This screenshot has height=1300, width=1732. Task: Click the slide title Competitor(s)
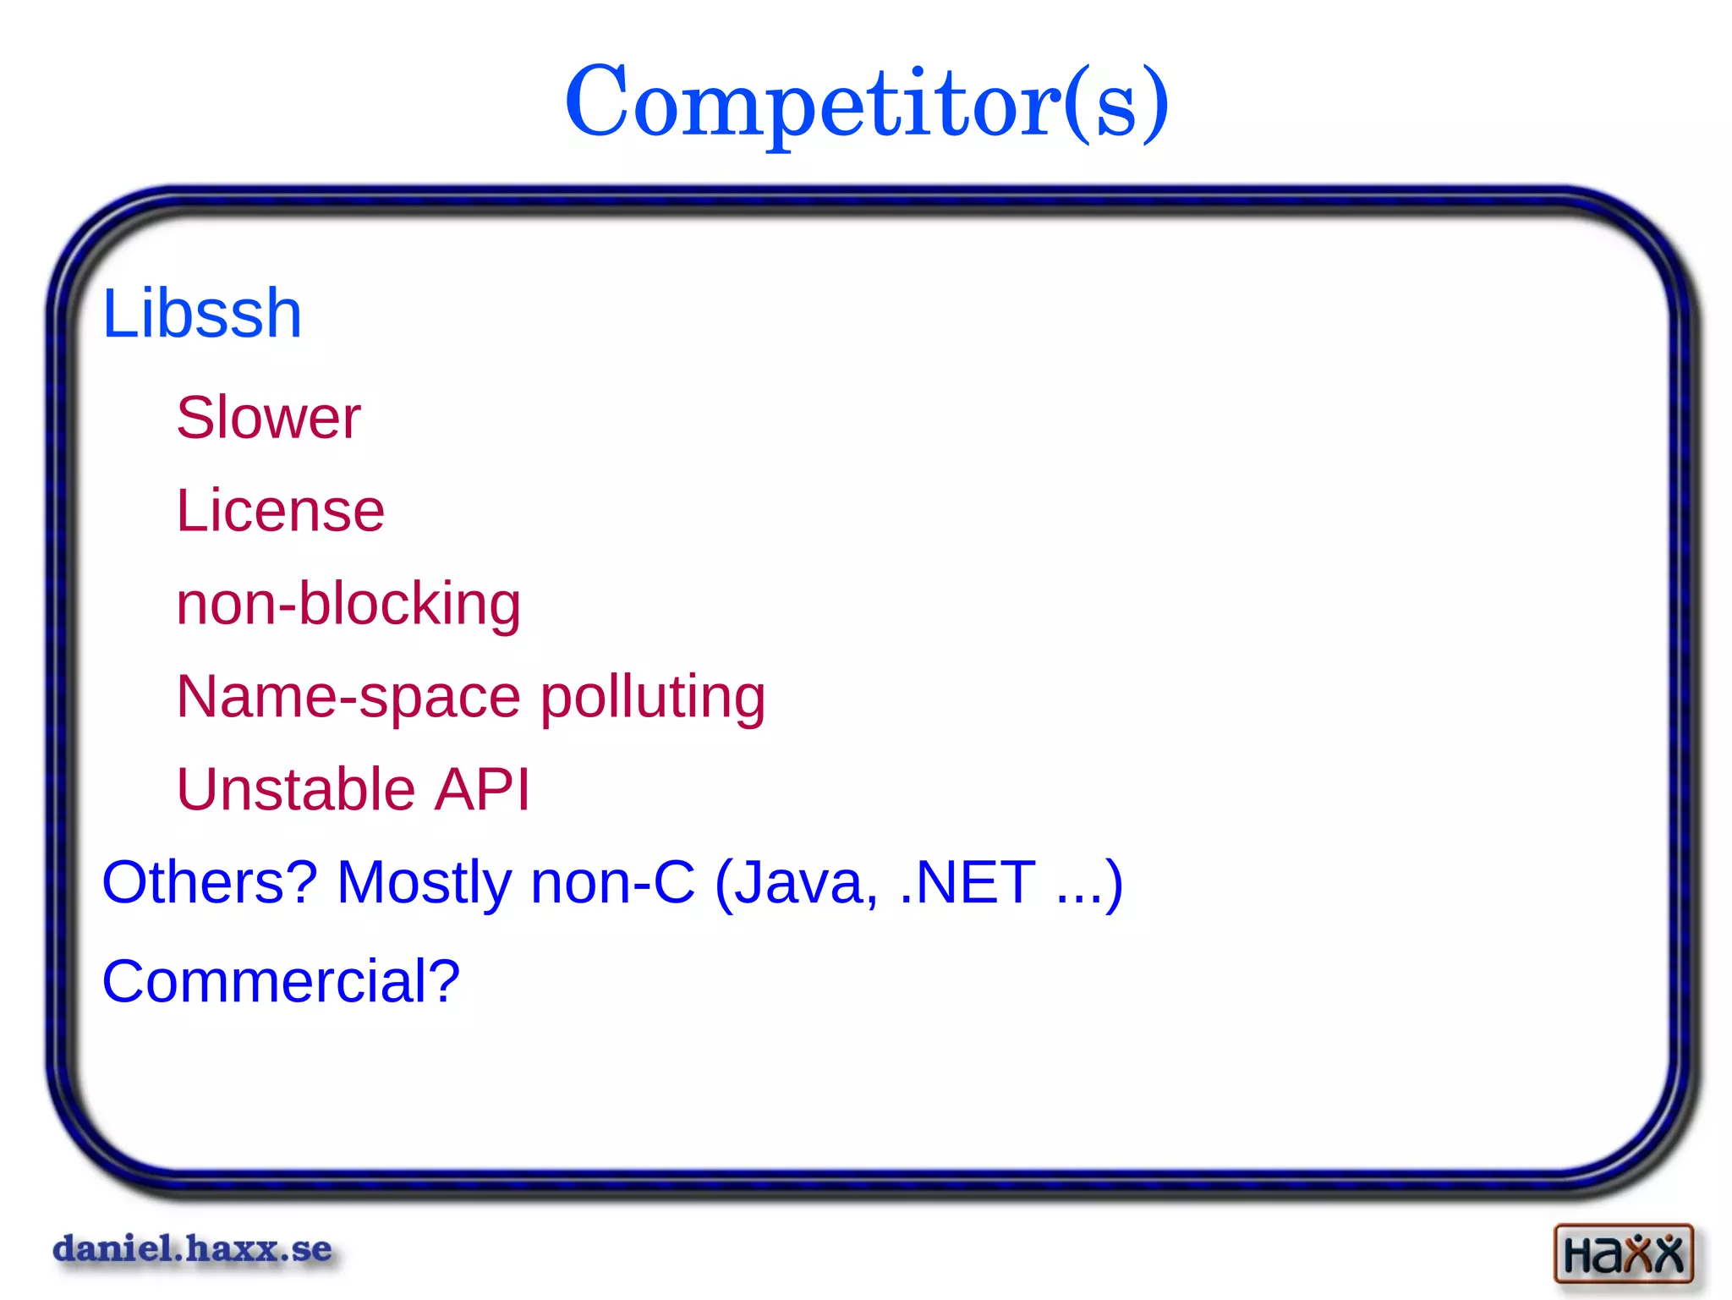pyautogui.click(x=866, y=103)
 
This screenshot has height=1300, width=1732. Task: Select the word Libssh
pyautogui.click(x=201, y=314)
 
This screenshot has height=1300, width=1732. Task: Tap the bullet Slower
pyautogui.click(x=268, y=418)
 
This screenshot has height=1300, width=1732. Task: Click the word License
pyautogui.click(x=280, y=511)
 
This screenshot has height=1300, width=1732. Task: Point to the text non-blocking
pyautogui.click(x=348, y=604)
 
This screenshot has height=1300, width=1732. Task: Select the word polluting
pyautogui.click(x=652, y=697)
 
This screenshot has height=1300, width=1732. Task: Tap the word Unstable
pyautogui.click(x=295, y=789)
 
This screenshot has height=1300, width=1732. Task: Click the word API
pyautogui.click(x=481, y=789)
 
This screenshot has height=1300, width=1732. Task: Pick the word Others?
pyautogui.click(x=209, y=882)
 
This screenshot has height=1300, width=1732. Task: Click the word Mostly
pyautogui.click(x=424, y=882)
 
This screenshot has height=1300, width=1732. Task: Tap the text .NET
pyautogui.click(x=967, y=882)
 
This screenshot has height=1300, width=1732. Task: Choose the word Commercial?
pyautogui.click(x=281, y=981)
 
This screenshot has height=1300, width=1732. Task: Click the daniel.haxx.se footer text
pyautogui.click(x=193, y=1248)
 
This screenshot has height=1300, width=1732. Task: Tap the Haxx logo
pyautogui.click(x=1623, y=1253)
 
